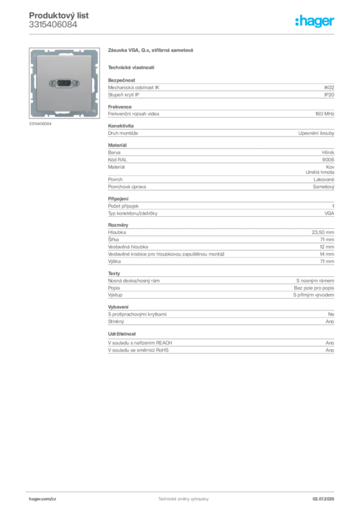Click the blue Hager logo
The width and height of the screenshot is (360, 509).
[315, 21]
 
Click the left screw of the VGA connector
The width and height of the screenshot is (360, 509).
[52, 84]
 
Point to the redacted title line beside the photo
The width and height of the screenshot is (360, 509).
[150, 51]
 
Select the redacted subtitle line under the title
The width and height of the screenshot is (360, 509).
[131, 67]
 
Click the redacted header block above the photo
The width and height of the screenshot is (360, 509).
[53, 20]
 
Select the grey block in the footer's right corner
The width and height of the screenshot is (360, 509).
[326, 497]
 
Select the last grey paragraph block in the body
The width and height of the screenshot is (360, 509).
[221, 347]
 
